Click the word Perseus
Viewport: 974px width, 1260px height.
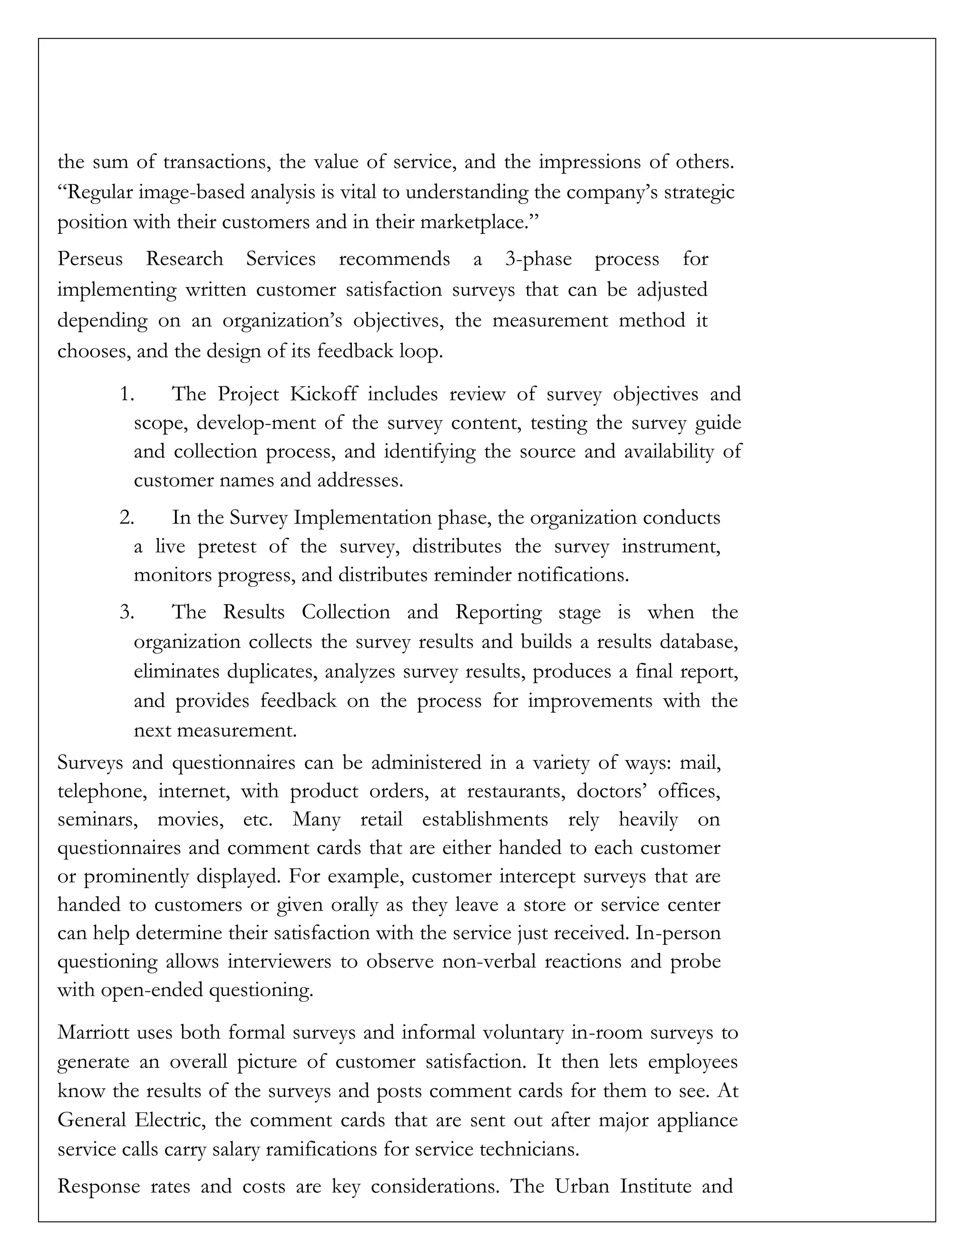(90, 259)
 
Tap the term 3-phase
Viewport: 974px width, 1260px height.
(538, 259)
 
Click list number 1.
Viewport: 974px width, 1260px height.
(127, 394)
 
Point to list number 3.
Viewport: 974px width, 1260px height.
(127, 612)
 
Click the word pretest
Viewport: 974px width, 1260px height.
(227, 546)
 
